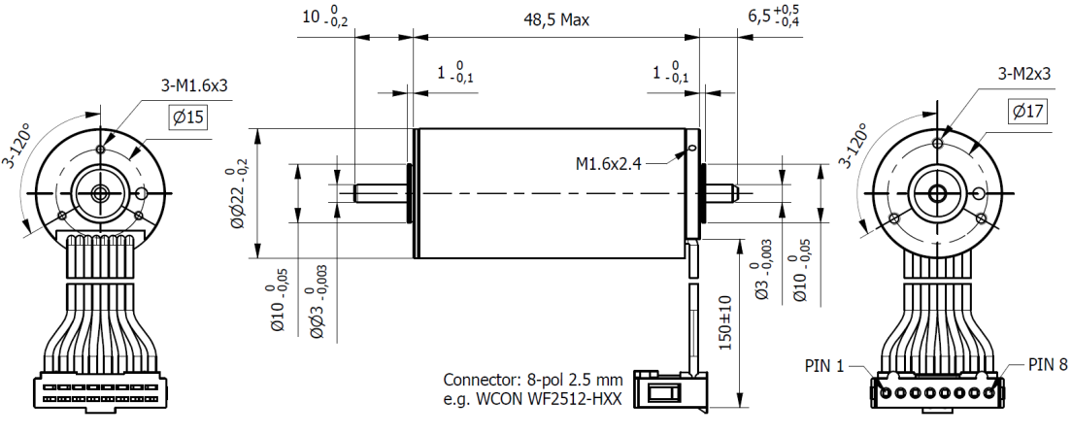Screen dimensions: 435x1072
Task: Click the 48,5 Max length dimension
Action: tap(556, 19)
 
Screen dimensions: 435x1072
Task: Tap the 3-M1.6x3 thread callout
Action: tap(194, 86)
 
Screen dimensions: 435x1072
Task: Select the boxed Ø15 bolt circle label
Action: tap(188, 117)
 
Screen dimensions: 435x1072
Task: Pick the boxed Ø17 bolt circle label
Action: tap(1025, 112)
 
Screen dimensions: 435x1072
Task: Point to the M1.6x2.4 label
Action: tap(609, 163)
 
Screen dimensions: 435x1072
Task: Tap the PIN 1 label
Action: tap(826, 366)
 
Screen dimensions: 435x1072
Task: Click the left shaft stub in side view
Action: tap(380, 192)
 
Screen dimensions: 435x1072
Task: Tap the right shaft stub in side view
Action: tap(723, 192)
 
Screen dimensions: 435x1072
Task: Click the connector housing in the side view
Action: tap(668, 393)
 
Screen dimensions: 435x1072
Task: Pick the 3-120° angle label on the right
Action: tap(855, 147)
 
